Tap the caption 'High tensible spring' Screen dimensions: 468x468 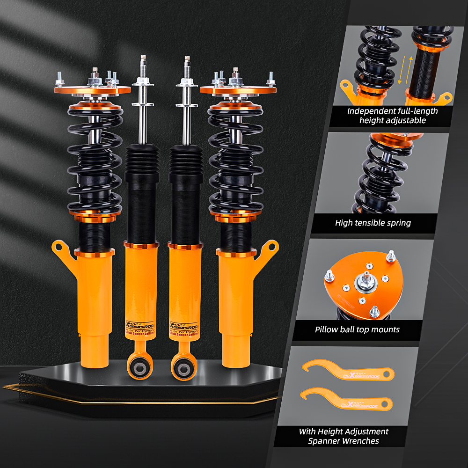point(373,223)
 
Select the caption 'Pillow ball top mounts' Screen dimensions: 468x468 point(357,329)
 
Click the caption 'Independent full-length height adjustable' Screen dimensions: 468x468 point(392,116)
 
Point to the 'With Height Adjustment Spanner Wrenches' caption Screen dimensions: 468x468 point(344,436)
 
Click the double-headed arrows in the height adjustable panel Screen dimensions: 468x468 point(404,70)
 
